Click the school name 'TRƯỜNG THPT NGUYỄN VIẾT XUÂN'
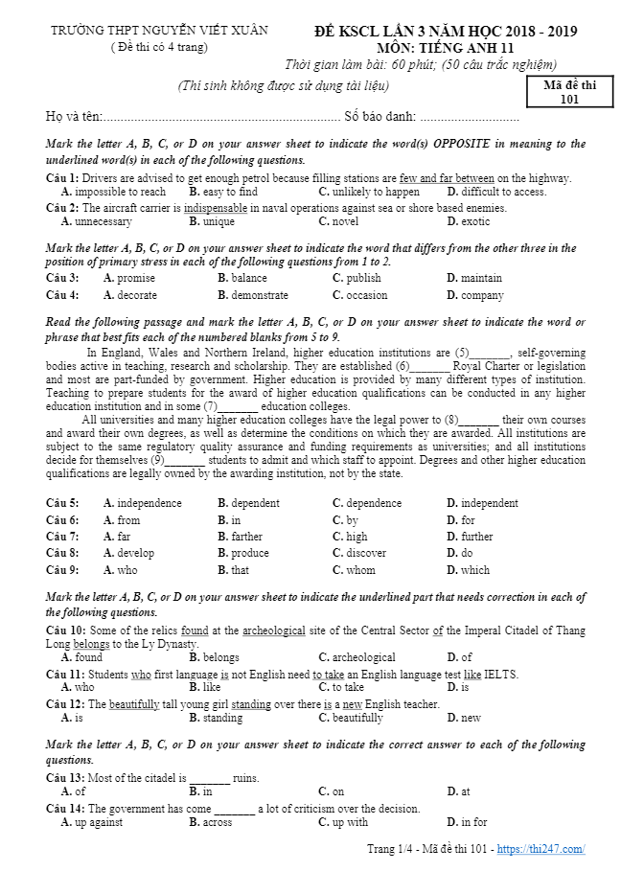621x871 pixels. coord(159,31)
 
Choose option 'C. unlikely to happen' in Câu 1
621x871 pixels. coord(369,192)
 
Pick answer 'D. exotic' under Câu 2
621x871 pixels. coord(469,221)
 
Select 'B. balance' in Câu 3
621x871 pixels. coord(241,278)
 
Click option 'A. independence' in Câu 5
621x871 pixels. coord(142,503)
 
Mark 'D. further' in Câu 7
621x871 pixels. coord(470,537)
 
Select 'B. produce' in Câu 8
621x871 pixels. coord(242,553)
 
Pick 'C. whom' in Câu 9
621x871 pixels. coord(354,570)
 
